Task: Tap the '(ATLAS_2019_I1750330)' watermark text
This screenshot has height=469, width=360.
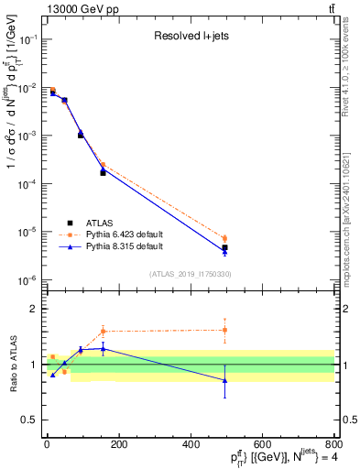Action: point(191,274)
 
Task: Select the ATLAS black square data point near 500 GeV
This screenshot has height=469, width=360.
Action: point(224,247)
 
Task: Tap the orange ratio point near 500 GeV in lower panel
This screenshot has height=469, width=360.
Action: point(224,330)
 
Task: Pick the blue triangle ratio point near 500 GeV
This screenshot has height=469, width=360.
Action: point(224,380)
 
